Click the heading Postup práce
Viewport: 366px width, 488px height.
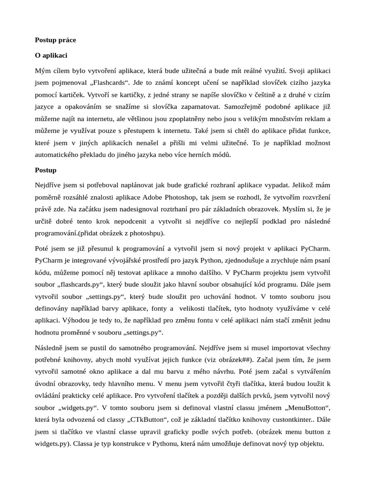(55, 40)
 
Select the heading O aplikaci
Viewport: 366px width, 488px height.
(51, 55)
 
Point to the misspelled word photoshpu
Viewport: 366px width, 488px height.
(147, 233)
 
